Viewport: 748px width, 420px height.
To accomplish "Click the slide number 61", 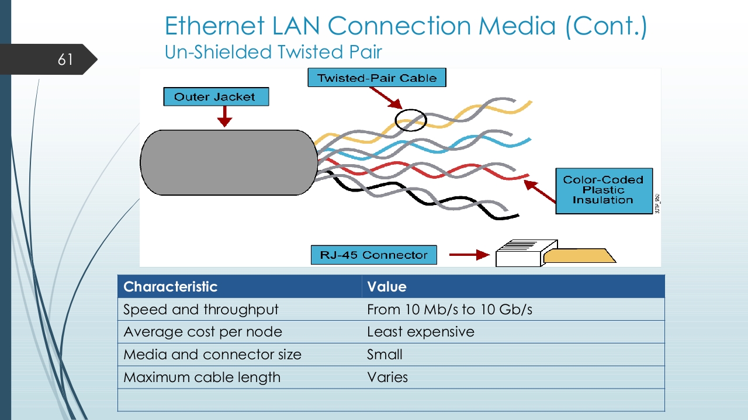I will [65, 59].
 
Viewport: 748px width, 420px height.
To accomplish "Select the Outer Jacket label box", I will [215, 97].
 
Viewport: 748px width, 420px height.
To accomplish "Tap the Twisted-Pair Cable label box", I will [376, 78].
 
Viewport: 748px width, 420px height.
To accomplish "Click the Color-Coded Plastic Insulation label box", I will [603, 190].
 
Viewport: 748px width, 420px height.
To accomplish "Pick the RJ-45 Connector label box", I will [373, 255].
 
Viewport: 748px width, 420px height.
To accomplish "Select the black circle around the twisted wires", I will [411, 120].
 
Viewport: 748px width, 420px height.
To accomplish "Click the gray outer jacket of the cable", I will [228, 162].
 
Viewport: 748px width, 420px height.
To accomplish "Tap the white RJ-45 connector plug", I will [519, 254].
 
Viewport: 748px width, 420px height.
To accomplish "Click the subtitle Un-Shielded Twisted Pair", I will [273, 52].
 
